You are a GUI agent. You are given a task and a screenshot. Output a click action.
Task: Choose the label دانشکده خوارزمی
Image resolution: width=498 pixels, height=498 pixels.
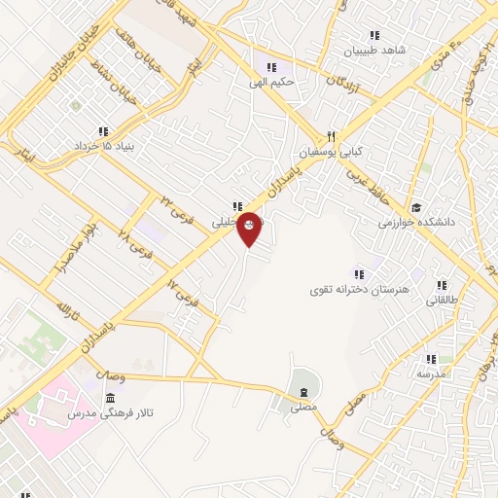417,222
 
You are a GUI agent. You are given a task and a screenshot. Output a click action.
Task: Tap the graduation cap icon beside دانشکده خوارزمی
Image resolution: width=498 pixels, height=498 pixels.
416,207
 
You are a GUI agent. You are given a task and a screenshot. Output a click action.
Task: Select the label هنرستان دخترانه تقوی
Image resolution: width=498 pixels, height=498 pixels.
361,290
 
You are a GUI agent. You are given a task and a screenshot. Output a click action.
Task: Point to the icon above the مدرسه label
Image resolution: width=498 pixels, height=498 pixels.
431,359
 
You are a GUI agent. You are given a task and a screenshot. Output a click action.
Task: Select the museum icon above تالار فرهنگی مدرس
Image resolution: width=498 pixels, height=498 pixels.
110,399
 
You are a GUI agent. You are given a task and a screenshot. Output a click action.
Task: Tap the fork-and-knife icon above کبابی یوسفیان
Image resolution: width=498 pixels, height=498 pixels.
331,136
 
